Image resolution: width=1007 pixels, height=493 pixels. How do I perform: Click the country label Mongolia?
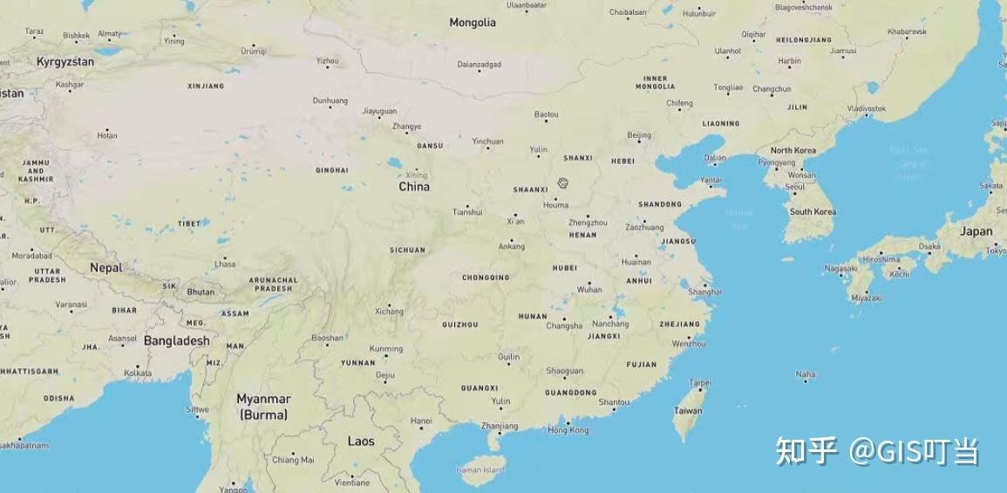coord(473,23)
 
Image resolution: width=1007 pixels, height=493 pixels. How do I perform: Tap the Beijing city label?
coord(639,135)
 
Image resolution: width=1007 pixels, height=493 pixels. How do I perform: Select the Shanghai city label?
coord(704,291)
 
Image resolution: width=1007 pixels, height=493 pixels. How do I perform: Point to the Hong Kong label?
coord(568,430)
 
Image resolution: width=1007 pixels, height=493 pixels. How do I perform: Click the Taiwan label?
coord(688,410)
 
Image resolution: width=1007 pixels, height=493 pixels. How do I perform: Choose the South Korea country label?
coord(813,212)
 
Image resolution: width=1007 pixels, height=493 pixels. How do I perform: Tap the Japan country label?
coord(976,231)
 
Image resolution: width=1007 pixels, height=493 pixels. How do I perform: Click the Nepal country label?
coord(106,268)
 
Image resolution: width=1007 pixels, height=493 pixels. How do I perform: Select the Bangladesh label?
coord(176,341)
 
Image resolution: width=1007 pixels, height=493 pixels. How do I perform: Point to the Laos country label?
coord(361,442)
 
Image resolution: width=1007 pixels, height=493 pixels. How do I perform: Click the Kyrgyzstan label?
coord(65,62)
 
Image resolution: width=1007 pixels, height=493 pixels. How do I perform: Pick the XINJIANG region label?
coord(206,86)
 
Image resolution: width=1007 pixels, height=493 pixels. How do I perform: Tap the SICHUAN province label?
coord(407,250)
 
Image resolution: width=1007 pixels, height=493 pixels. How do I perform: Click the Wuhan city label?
coord(589,290)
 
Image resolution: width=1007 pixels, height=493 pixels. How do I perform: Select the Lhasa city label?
coord(225,264)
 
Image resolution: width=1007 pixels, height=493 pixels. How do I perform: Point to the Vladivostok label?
coord(866,108)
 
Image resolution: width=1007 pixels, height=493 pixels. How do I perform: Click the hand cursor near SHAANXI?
coord(563,182)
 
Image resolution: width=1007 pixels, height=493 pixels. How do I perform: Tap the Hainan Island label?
coord(480,470)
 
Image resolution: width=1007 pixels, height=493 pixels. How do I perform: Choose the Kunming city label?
coord(386,349)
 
